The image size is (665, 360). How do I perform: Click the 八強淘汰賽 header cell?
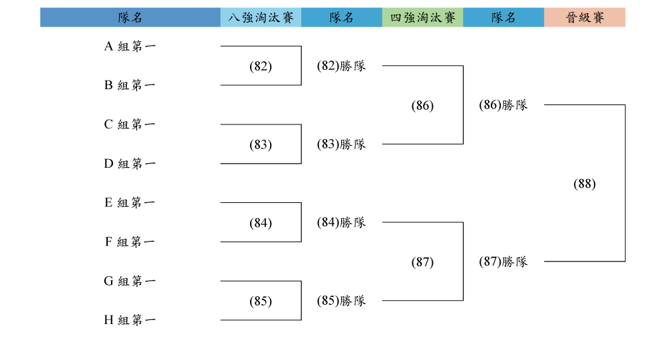(x=261, y=17)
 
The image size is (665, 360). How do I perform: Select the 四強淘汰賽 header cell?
(x=423, y=17)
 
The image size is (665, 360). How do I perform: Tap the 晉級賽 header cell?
(x=585, y=17)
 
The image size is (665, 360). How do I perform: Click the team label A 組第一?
(x=130, y=46)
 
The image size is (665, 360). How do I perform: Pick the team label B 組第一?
(x=130, y=85)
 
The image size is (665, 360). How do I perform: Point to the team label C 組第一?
(x=130, y=124)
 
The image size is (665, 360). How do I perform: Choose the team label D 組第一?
(x=130, y=164)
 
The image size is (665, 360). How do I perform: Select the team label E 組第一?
(x=130, y=202)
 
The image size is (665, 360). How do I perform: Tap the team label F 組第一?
(x=130, y=242)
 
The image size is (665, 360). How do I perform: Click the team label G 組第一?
(x=130, y=281)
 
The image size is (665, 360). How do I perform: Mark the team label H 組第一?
(x=130, y=319)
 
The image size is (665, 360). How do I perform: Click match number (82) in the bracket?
(x=261, y=67)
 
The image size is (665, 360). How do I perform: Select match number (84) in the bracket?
(x=261, y=223)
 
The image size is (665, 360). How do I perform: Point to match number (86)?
(x=423, y=105)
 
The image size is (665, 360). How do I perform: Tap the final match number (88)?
(x=585, y=184)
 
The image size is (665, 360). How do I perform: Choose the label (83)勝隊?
(x=341, y=144)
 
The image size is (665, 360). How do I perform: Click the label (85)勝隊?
(x=341, y=301)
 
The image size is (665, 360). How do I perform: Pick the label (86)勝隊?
(x=503, y=105)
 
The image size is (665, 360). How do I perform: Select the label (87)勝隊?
(x=503, y=262)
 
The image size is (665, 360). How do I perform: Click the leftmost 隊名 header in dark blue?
(x=130, y=17)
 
